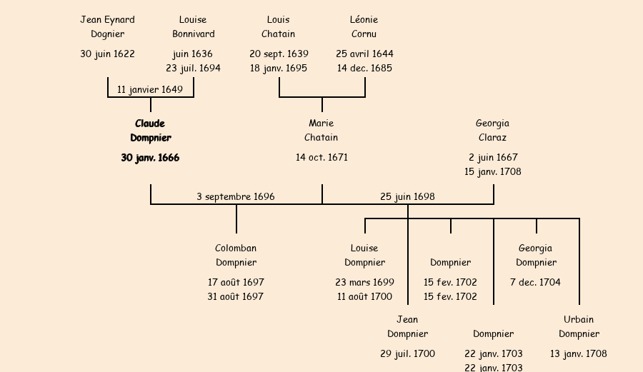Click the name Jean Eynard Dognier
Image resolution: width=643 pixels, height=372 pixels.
click(107, 26)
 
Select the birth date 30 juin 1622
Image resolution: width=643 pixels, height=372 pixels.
click(107, 54)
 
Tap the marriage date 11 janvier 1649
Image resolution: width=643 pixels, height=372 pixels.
click(150, 89)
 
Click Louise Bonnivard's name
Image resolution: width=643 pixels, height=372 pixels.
click(193, 26)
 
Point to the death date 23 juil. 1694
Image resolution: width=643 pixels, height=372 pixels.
click(193, 68)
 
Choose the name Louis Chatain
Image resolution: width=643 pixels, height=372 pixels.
click(278, 26)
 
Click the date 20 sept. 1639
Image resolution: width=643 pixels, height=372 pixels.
click(279, 54)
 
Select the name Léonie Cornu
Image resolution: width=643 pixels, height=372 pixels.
click(364, 26)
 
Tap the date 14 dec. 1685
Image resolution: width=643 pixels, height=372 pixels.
click(364, 68)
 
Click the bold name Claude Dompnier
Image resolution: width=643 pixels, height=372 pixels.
click(150, 131)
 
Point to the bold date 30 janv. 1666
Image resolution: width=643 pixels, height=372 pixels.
click(150, 158)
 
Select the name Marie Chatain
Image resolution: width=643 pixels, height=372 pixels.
click(321, 131)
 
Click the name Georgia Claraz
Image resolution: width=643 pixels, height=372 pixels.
click(492, 131)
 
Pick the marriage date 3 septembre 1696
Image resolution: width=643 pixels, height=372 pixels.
click(236, 196)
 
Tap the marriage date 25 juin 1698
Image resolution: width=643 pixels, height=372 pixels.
click(407, 196)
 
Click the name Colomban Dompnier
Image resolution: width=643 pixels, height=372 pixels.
click(236, 256)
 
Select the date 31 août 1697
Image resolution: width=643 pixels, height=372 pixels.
click(236, 296)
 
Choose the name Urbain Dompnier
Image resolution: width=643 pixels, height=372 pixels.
click(579, 326)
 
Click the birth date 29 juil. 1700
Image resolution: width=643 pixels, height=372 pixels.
click(407, 353)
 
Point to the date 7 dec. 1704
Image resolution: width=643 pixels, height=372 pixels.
click(535, 282)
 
